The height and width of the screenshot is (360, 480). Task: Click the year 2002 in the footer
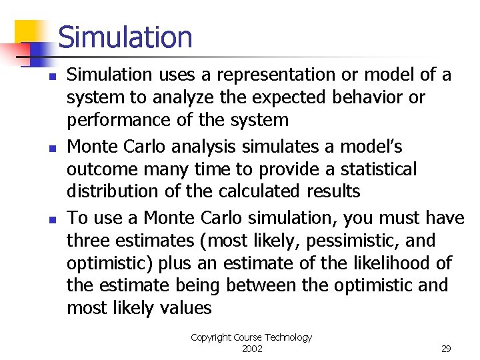[251, 349]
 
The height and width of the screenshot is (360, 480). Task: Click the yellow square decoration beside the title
[28, 33]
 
